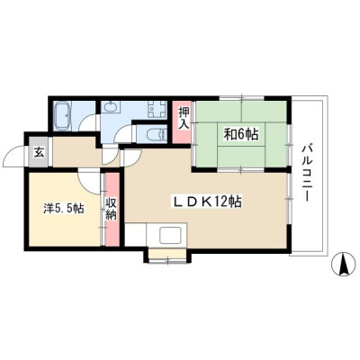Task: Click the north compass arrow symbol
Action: coord(343,264)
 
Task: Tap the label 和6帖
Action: coord(240,135)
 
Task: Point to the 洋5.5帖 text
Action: coord(63,208)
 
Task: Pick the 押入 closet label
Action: coord(184,118)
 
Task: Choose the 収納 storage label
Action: coord(111,209)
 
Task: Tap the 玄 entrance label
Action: coord(39,152)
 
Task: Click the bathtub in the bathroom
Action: coord(62,115)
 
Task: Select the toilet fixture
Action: coord(157,133)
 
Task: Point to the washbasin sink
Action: coord(111,107)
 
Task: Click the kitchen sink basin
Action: coord(170,235)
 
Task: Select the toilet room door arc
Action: coord(124,131)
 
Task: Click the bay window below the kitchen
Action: coord(167,255)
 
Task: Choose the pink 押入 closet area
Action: coord(181,122)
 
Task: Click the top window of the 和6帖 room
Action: coord(241,97)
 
